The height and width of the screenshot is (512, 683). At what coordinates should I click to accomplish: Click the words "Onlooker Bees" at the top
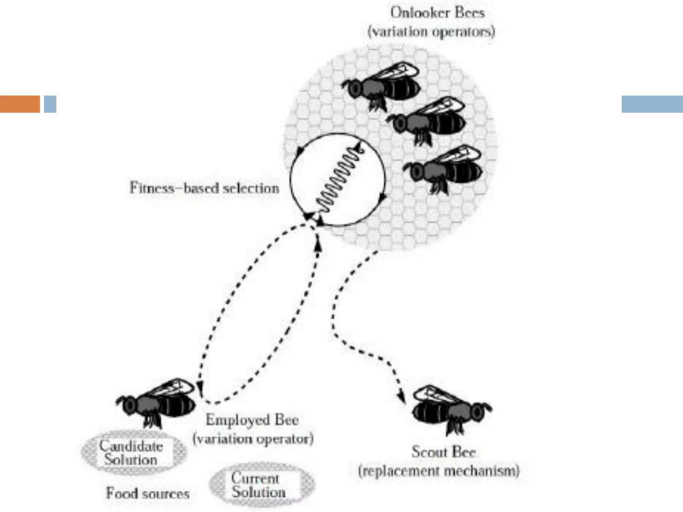[437, 13]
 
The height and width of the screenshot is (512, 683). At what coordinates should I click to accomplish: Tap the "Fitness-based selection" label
[204, 188]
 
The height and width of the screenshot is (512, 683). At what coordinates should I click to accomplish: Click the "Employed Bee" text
[252, 420]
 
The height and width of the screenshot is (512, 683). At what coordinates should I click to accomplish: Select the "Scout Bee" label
[444, 452]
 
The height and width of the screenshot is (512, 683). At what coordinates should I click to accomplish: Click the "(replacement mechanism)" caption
[439, 471]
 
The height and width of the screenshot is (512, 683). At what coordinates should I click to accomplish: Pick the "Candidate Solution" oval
[133, 453]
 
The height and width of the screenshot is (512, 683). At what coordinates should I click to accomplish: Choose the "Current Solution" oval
[261, 485]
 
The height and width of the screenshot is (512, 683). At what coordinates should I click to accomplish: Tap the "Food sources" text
[148, 494]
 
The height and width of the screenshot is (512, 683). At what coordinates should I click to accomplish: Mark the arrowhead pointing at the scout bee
[402, 398]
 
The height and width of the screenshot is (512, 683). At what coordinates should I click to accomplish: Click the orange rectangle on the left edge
[20, 104]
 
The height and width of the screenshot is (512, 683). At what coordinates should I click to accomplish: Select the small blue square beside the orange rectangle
[50, 104]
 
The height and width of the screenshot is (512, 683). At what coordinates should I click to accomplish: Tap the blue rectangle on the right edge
[652, 104]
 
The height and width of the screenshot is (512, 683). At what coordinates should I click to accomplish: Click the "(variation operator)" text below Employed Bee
[253, 439]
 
